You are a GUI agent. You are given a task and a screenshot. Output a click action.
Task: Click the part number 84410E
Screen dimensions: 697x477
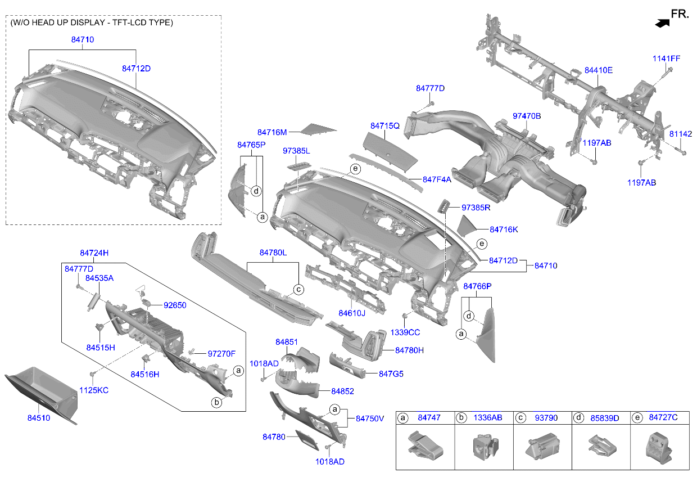tap(599, 70)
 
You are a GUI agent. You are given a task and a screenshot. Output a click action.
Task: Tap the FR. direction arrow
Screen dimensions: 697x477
tap(662, 24)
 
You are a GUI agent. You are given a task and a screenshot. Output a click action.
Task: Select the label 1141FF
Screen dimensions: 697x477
tap(666, 58)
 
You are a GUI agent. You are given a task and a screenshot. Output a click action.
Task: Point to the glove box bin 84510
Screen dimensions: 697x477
tap(41, 394)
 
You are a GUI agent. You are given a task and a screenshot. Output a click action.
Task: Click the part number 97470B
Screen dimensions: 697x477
tap(527, 116)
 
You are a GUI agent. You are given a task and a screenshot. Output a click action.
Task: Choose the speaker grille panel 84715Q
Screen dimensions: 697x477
tap(390, 152)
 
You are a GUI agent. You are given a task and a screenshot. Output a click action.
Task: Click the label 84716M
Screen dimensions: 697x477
tap(272, 132)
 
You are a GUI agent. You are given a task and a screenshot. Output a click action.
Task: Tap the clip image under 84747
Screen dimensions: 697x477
tap(426, 446)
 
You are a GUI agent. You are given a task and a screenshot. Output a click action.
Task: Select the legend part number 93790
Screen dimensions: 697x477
tap(546, 418)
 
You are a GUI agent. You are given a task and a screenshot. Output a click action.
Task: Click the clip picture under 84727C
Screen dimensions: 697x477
tap(659, 448)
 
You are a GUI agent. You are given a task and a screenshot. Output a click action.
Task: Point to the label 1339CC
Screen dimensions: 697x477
tap(405, 332)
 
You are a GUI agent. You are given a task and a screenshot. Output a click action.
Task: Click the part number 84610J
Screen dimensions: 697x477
tap(352, 313)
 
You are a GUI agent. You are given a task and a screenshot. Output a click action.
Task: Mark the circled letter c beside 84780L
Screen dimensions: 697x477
tap(298, 290)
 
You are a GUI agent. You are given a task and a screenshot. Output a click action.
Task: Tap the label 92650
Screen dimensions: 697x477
tap(175, 305)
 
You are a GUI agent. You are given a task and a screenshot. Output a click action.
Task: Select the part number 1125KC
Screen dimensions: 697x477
tap(94, 390)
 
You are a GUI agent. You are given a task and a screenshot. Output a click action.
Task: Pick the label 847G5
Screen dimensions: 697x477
tap(391, 374)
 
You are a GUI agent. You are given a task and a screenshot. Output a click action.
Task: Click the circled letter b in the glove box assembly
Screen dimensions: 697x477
tap(216, 402)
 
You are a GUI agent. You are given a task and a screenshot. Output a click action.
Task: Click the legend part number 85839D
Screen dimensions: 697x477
tap(605, 418)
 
